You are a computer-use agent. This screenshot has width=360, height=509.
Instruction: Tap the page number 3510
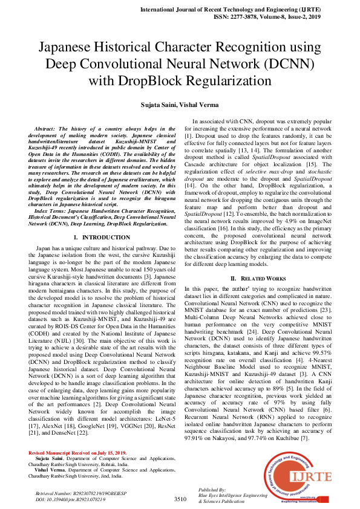[x=180, y=499]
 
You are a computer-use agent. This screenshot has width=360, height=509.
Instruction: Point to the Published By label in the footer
[x=211, y=488]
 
